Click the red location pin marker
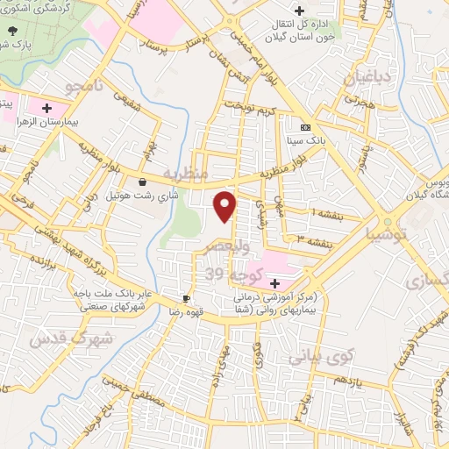click(225, 207)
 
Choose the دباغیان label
click(378, 81)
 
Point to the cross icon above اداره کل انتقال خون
click(300, 11)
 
